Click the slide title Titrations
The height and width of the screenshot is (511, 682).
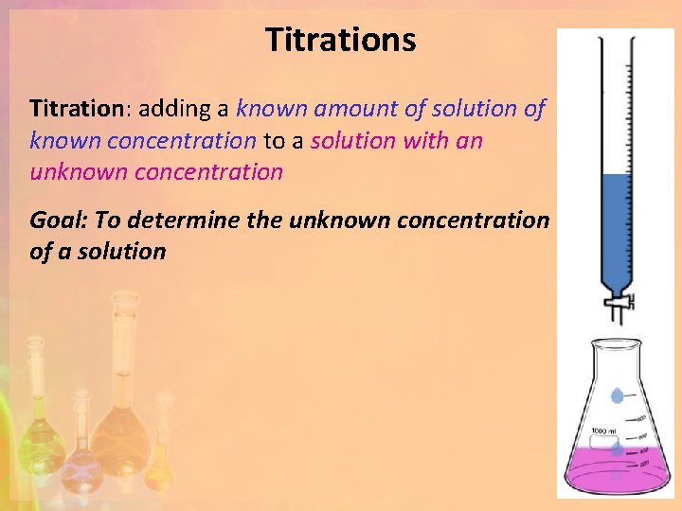pos(340,41)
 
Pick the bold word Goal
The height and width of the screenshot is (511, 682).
pos(58,220)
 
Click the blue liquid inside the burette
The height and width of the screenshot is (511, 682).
pos(616,227)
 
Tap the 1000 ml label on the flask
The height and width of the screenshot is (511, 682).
pos(603,432)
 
